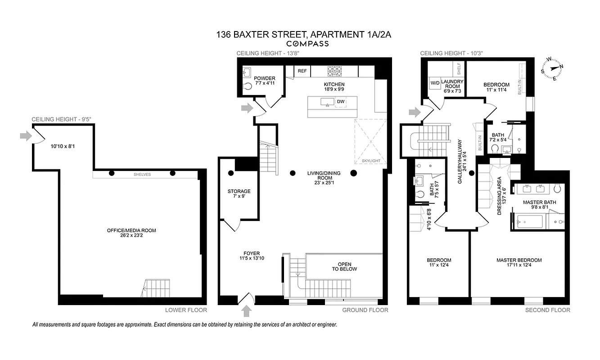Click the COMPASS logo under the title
point(308,44)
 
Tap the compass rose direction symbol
point(552,69)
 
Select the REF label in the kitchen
point(302,71)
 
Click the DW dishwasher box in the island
point(341,102)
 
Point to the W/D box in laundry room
point(435,83)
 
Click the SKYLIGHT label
point(371,161)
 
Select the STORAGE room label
point(239,191)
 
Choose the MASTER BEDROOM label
point(519,260)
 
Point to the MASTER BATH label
point(539,202)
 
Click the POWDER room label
point(264,78)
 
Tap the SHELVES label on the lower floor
point(142,175)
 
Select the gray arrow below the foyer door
point(247,310)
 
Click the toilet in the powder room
point(247,86)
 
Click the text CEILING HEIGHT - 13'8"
point(268,54)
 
